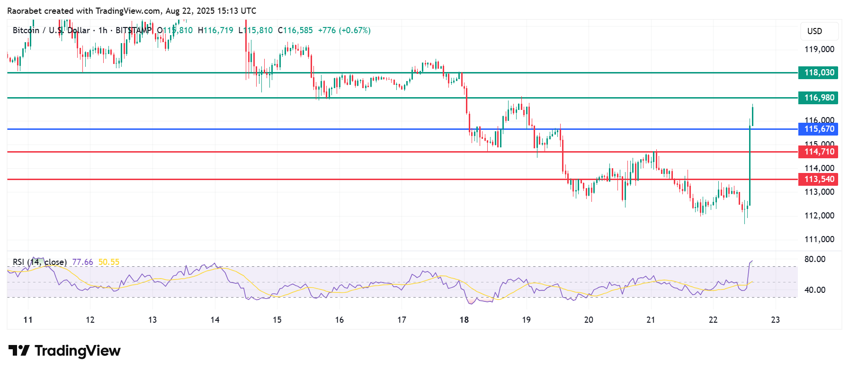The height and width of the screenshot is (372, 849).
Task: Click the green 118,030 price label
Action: (x=819, y=73)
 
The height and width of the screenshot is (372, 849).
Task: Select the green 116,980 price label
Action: (x=819, y=98)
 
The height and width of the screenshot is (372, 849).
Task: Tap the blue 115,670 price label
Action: (x=819, y=129)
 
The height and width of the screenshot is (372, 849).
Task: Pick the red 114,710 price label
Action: (x=819, y=152)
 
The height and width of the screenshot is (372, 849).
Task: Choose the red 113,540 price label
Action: (x=819, y=179)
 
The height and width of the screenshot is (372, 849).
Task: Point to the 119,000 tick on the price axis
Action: (x=819, y=49)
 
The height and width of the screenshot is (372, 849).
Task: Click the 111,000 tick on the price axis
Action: (x=819, y=239)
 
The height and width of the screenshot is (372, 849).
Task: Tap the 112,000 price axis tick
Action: (x=819, y=216)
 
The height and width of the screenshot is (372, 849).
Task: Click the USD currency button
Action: (x=814, y=31)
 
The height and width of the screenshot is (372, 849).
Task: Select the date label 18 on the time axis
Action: (x=464, y=320)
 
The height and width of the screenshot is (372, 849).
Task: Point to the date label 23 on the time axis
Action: (x=775, y=320)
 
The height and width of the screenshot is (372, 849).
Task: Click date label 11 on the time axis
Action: (x=28, y=320)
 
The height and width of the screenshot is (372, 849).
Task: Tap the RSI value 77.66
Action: (x=82, y=262)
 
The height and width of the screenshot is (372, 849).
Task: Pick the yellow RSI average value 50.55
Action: (x=109, y=262)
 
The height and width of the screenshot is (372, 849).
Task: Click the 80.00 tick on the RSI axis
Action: (x=814, y=259)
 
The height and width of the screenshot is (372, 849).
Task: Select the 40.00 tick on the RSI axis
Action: (x=814, y=290)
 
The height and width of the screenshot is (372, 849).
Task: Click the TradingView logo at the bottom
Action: (x=65, y=351)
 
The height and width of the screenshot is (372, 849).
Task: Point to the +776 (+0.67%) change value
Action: (x=344, y=30)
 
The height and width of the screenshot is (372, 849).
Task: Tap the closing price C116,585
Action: (x=295, y=30)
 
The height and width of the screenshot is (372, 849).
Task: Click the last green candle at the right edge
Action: (x=752, y=116)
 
